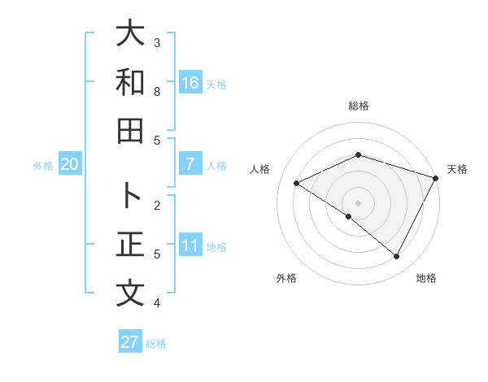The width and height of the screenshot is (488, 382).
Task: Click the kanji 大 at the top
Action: tap(129, 33)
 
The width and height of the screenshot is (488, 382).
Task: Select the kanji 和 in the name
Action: tap(129, 83)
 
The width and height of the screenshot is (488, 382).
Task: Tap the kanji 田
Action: tap(129, 132)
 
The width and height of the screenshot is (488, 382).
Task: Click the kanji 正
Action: tap(129, 245)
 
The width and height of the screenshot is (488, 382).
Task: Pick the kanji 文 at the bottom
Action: tap(129, 293)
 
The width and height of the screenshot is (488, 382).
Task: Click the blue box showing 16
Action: tap(190, 82)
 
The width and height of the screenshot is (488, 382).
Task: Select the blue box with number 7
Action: tap(190, 164)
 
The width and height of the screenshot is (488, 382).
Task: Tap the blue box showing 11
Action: tap(190, 245)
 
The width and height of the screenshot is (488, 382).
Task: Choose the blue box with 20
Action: tap(70, 164)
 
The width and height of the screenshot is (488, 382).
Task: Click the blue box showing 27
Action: tap(130, 341)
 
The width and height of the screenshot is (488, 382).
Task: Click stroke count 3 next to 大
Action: tap(158, 42)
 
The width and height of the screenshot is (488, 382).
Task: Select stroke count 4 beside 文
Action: tap(158, 302)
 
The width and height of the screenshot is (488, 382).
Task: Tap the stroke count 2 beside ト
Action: tap(158, 205)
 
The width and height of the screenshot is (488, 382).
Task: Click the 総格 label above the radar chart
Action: tap(359, 106)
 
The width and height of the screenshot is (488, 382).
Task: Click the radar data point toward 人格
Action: tap(297, 183)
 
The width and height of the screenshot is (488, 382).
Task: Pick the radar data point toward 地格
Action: tap(397, 257)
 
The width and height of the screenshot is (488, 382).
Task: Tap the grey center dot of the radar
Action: tap(358, 202)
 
